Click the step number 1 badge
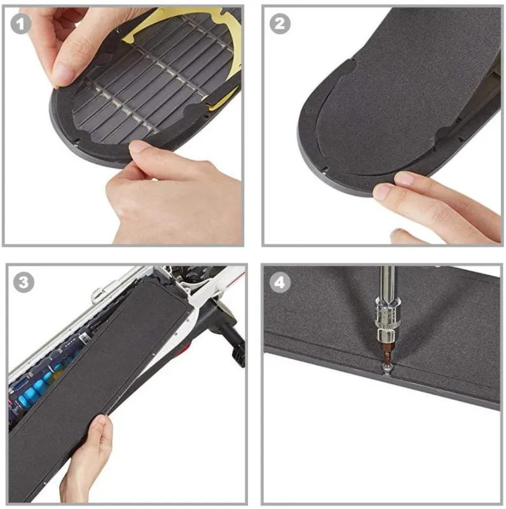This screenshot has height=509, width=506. pos(20,24)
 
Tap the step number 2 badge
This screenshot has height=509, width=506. pos(280,24)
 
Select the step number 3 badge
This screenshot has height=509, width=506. pos(24,282)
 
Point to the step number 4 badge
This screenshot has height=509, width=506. pos(280,282)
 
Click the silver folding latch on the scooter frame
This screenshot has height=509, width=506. pos(104,291)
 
